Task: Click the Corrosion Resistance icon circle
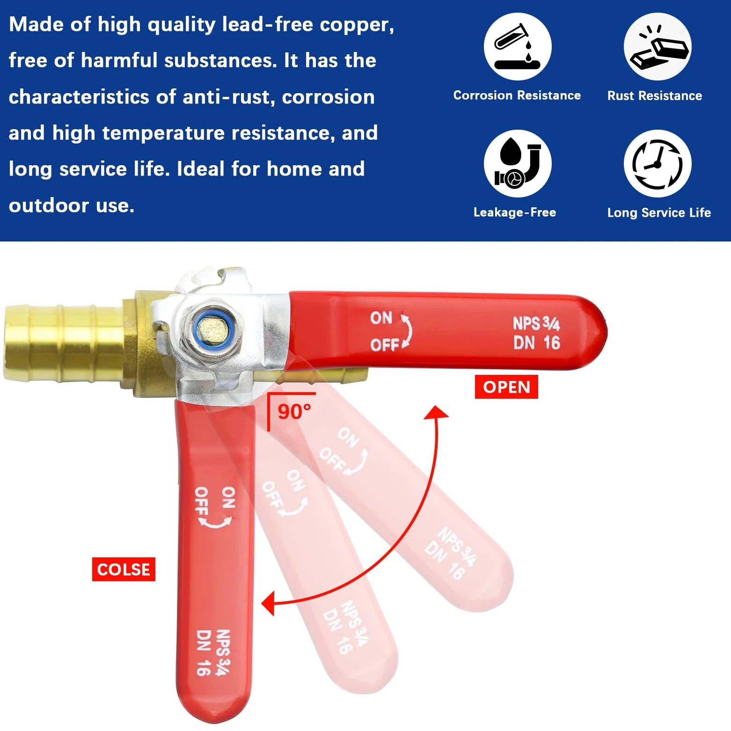[x=518, y=46]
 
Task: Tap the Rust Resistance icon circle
[x=658, y=46]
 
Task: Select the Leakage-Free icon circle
[x=518, y=163]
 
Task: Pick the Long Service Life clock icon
[x=658, y=163]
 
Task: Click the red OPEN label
[x=506, y=387]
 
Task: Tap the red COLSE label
[x=124, y=569]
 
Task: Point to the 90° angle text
[x=294, y=412]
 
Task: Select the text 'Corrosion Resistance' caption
[x=517, y=95]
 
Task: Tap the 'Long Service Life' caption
[x=659, y=213]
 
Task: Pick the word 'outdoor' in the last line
[x=49, y=205]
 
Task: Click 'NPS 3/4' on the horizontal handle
[x=536, y=323]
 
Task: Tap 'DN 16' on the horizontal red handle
[x=537, y=343]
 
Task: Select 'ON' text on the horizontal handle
[x=381, y=318]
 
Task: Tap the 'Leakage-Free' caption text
[x=515, y=212]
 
